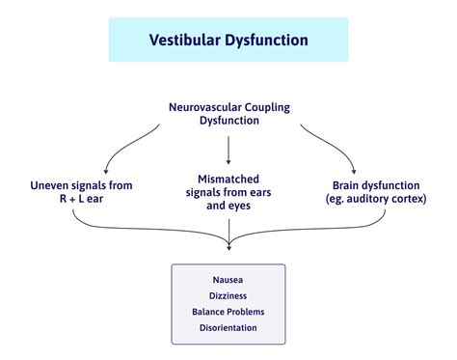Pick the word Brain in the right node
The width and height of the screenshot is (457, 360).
point(351,184)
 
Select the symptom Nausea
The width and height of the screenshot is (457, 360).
point(228,279)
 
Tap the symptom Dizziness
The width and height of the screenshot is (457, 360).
point(228,295)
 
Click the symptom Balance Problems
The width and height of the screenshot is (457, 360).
point(228,311)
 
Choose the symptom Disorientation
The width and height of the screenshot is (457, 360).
point(228,327)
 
